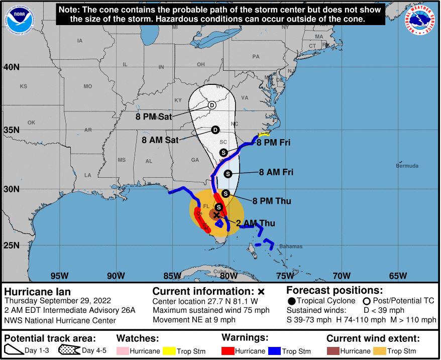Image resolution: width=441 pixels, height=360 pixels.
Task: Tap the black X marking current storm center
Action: click(216, 215)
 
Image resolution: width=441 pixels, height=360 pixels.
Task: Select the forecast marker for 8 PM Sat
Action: click(212, 105)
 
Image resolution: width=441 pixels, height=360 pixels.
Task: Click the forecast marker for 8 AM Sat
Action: click(215, 130)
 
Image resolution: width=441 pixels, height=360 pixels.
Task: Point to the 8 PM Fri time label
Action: click(273, 143)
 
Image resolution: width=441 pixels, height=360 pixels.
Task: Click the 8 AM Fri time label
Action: click(276, 172)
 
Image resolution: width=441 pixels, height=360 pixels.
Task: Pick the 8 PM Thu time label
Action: click(272, 201)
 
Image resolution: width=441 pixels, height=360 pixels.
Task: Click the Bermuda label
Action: click(407, 166)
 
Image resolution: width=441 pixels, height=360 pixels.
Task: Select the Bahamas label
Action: click(291, 247)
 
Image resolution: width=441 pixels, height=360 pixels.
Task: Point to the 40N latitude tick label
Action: click(11, 67)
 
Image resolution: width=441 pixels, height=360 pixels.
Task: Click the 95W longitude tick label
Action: click(59, 276)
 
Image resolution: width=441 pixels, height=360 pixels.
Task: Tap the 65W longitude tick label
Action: click(398, 276)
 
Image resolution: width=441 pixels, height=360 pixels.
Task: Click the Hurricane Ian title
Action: click(38, 292)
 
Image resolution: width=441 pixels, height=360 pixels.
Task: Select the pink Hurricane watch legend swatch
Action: click(125, 351)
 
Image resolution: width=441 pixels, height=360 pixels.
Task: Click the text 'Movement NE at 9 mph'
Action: click(194, 320)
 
